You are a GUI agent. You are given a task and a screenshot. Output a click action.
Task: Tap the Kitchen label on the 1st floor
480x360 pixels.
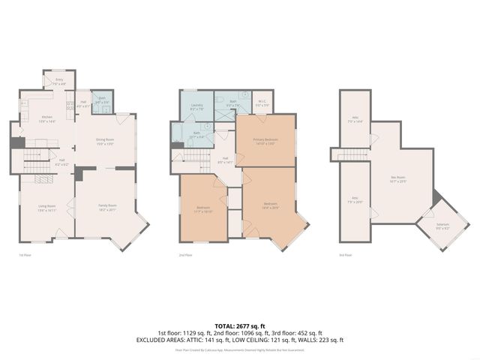pos(46,118)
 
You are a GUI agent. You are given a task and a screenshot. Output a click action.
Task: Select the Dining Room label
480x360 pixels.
pos(105,141)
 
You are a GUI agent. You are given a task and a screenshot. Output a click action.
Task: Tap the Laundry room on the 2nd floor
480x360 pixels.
pos(197,106)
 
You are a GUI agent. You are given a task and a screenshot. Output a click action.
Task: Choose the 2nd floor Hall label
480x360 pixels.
pos(225,159)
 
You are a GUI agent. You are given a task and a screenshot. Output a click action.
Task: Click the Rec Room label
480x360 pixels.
pos(397,179)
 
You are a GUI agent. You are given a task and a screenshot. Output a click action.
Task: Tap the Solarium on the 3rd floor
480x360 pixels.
pos(443,228)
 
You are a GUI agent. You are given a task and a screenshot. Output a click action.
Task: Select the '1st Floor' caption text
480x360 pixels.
pos(25,255)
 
